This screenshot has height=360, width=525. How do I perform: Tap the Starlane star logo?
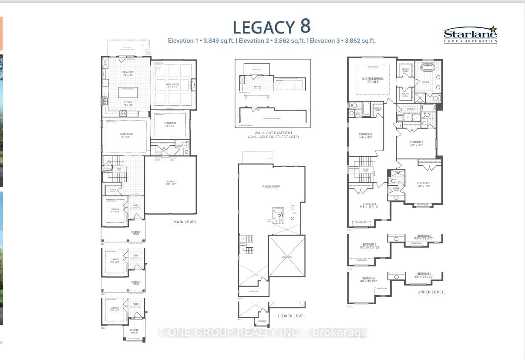tap(493, 30)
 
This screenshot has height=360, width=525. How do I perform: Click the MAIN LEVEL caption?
tap(185, 222)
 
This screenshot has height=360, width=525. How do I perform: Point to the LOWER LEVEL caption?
tap(292, 316)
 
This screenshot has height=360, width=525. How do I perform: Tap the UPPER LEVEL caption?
tap(431, 292)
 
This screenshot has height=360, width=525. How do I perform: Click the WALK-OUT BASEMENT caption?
tap(273, 133)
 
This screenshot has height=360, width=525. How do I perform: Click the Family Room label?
tap(172, 86)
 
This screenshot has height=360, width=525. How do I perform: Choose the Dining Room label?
tap(126, 135)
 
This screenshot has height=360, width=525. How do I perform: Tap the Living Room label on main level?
tap(169, 124)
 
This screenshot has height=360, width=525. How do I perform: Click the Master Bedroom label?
tap(372, 80)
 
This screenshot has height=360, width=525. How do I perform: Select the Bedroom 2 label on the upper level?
tap(416, 143)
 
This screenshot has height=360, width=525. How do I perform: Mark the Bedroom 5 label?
tap(365, 135)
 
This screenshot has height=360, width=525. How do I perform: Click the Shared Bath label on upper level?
tap(396, 189)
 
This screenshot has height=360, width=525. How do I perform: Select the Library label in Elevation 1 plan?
tap(114, 211)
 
